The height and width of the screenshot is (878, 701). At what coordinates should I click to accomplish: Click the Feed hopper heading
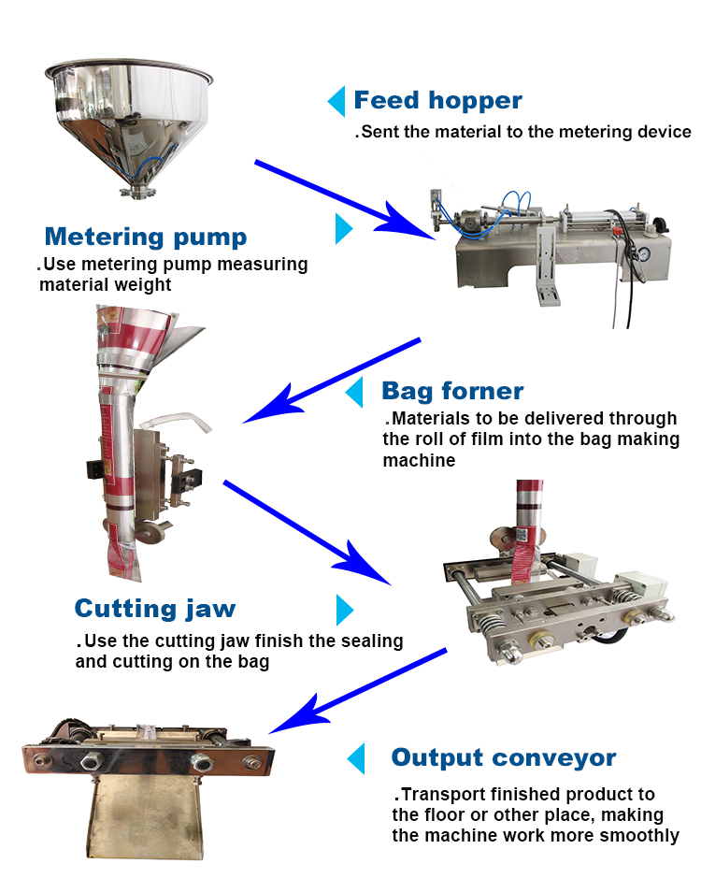click(437, 100)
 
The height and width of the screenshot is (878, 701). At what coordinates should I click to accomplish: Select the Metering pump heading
click(146, 236)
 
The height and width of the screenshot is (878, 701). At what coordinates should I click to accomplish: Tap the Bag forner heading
click(452, 390)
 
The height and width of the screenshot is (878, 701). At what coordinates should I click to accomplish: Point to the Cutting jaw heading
click(155, 609)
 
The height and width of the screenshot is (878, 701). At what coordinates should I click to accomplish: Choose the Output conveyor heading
click(504, 756)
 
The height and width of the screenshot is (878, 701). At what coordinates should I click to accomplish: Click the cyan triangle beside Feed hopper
click(336, 100)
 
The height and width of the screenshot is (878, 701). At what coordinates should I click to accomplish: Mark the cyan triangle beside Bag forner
click(354, 392)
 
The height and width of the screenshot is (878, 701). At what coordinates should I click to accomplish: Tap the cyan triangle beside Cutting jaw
click(345, 610)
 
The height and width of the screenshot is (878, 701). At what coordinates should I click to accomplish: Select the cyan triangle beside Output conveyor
click(355, 758)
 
